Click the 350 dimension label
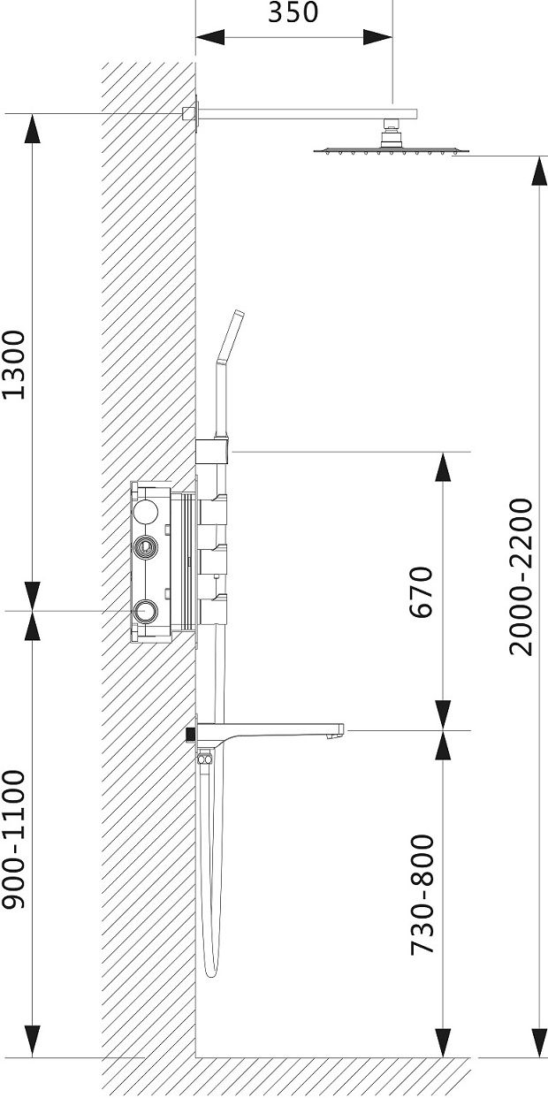[x=293, y=12]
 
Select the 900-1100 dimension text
[x=13, y=840]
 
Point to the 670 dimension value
[x=422, y=591]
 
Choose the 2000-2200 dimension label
[x=521, y=577]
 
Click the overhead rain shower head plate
[x=392, y=151]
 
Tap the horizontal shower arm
[x=308, y=114]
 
